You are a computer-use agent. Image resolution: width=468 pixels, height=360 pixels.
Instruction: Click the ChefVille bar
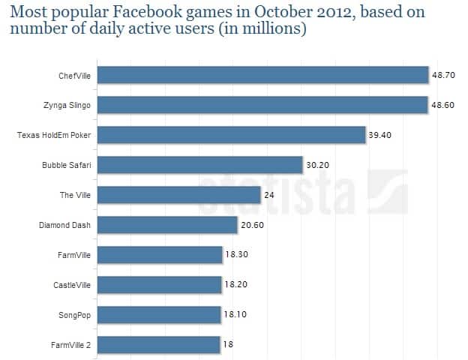click(x=262, y=75)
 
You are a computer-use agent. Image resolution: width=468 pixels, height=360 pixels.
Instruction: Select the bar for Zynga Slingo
click(x=262, y=105)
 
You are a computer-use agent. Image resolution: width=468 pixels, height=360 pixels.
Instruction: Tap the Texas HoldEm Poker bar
click(x=232, y=135)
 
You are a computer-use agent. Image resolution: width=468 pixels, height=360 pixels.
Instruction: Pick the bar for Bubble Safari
click(x=200, y=165)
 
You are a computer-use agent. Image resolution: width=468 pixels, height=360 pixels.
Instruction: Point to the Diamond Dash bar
click(x=167, y=225)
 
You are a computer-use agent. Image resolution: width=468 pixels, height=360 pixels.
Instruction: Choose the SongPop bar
click(x=159, y=315)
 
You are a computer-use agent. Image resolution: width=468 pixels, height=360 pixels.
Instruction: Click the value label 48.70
click(x=442, y=76)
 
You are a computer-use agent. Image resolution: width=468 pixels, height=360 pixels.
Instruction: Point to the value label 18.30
click(x=236, y=256)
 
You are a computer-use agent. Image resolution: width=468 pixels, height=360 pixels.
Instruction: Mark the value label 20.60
click(x=252, y=226)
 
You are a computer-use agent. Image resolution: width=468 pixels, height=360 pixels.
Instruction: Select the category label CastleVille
click(x=73, y=285)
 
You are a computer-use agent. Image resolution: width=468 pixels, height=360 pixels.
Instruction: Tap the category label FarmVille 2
click(x=71, y=345)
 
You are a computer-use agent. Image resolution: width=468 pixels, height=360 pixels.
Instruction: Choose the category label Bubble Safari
click(x=67, y=165)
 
